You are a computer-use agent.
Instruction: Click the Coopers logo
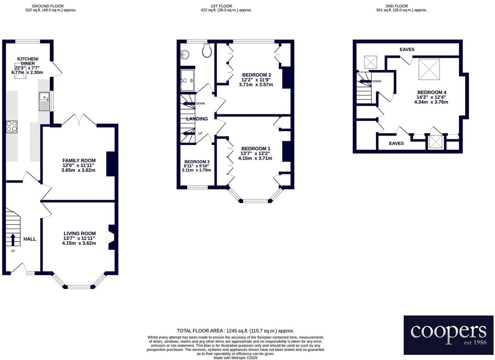tap(448, 335)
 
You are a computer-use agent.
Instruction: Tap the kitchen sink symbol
tap(45, 102)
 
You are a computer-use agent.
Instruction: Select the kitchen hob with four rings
tap(12, 127)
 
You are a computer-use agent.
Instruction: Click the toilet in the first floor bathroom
tap(207, 51)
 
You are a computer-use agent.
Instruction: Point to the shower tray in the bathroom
tap(187, 81)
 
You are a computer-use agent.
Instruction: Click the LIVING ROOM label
tap(79, 233)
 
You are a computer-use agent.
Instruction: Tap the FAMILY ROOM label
tap(79, 160)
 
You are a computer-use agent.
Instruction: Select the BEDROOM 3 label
tap(197, 162)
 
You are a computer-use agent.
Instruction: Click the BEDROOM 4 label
tap(431, 92)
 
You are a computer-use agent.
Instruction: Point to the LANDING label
tap(197, 119)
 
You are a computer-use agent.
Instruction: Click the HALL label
tap(30, 239)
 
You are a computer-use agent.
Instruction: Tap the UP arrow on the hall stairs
tap(13, 239)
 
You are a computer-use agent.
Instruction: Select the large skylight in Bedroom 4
tap(429, 69)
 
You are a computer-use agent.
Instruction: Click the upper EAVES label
tap(407, 49)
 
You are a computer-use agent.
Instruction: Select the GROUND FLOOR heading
tap(47, 6)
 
